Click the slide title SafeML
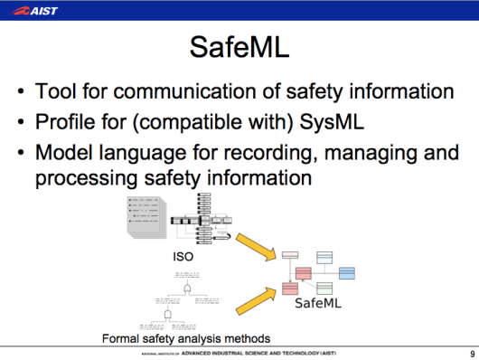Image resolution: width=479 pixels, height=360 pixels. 239,48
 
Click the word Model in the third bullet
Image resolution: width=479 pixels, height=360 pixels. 64,153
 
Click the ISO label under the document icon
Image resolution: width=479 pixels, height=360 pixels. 183,257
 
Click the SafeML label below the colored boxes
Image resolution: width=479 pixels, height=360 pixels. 320,304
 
